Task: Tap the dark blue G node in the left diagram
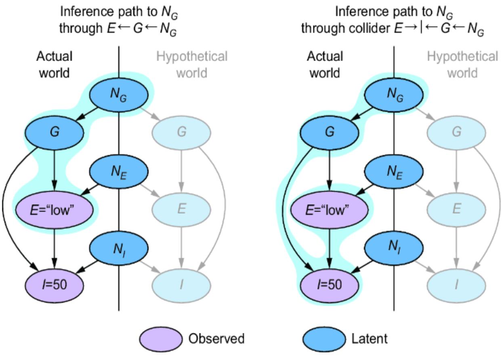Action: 55,132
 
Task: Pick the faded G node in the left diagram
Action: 182,132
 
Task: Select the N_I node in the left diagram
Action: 119,247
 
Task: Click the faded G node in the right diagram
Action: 457,132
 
